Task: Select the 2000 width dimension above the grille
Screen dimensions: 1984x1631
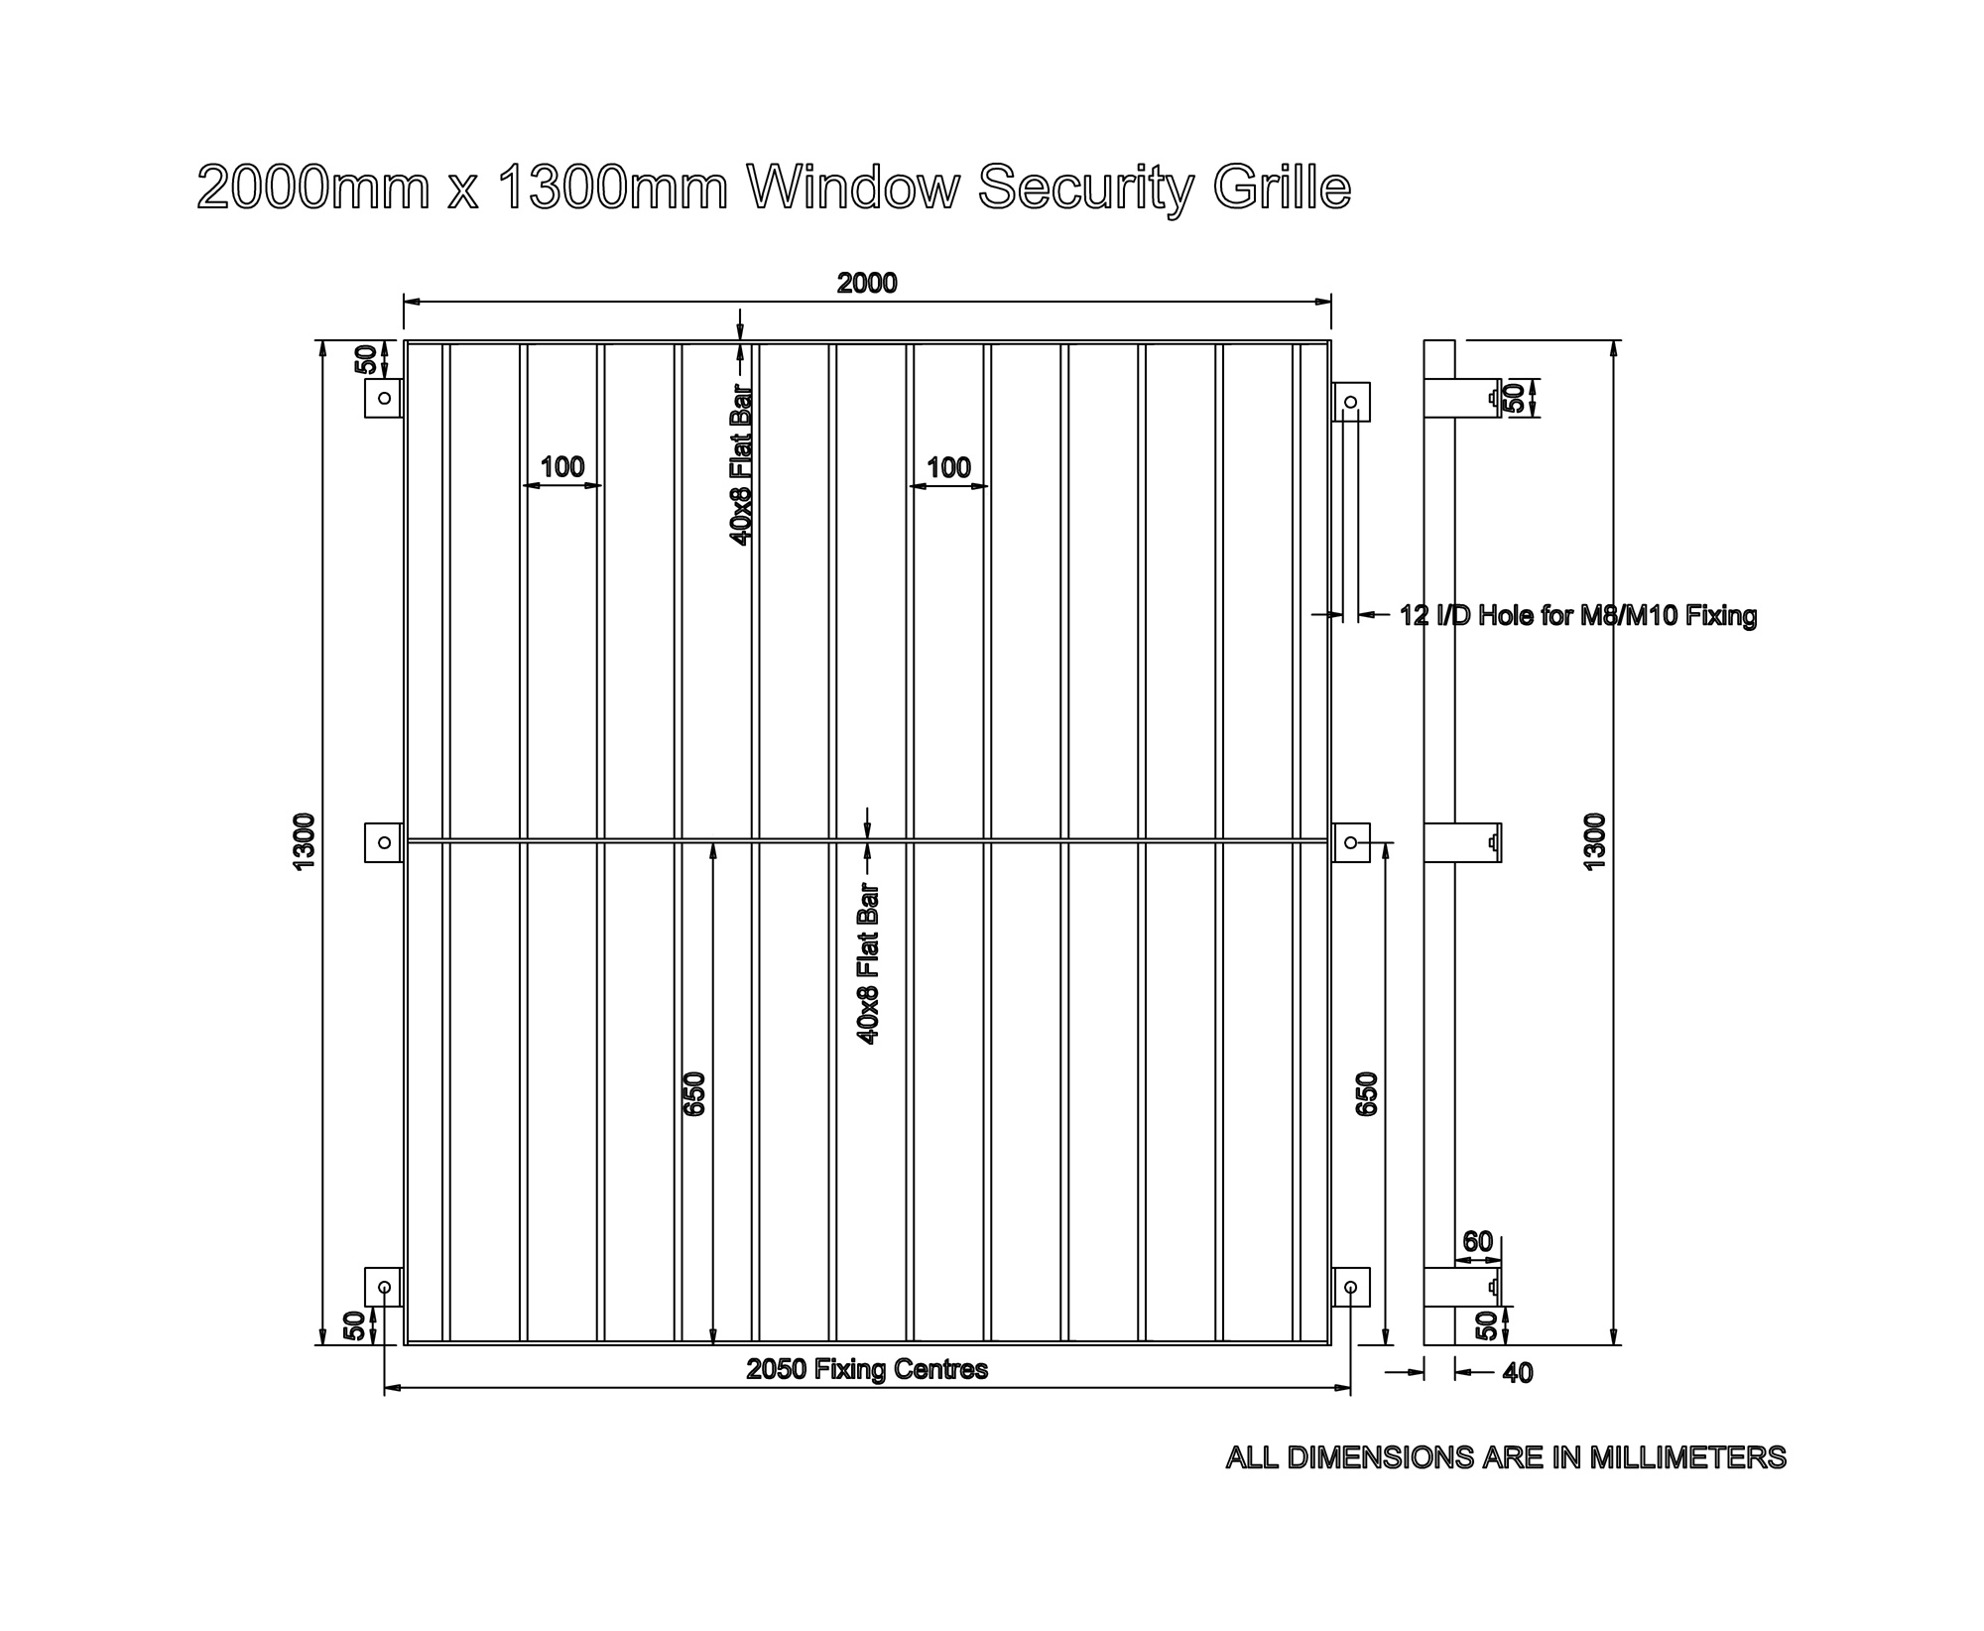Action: click(x=867, y=284)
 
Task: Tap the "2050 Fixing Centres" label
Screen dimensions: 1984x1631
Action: click(x=867, y=1370)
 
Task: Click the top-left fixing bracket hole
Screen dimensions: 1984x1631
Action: click(x=385, y=398)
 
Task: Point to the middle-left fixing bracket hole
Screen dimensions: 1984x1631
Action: click(x=385, y=842)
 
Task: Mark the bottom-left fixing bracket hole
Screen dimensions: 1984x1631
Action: click(x=385, y=1288)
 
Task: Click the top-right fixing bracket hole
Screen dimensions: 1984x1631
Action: click(x=1350, y=402)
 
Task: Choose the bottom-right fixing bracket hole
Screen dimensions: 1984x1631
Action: click(x=1350, y=1288)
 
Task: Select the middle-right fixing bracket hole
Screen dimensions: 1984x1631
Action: click(x=1350, y=842)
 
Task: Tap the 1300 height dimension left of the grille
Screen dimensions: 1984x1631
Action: click(x=305, y=842)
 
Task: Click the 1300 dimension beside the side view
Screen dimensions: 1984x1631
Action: click(x=1594, y=842)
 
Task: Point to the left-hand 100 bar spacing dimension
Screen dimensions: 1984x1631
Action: click(x=562, y=467)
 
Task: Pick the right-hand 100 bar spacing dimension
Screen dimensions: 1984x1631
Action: click(x=948, y=467)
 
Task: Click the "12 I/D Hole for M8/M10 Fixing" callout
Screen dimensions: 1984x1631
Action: click(x=1577, y=616)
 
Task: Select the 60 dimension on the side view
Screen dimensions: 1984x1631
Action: click(x=1477, y=1242)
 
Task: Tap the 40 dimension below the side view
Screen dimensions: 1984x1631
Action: click(x=1518, y=1373)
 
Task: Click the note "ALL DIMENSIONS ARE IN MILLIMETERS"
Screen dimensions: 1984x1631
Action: click(x=1506, y=1457)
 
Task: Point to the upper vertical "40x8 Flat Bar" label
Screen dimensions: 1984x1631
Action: click(x=741, y=464)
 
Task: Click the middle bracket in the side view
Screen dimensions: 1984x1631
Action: click(x=1462, y=842)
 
